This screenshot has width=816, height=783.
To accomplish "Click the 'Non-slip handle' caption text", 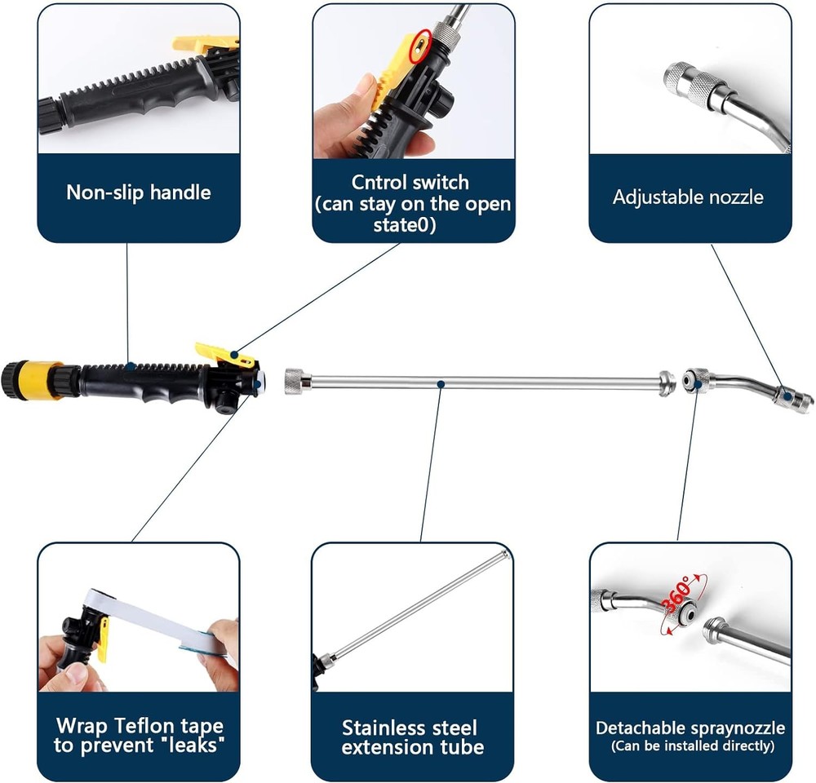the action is point(139,192).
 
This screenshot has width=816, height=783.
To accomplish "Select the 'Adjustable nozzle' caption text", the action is point(688,197).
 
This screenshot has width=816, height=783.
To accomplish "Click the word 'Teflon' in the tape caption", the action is point(144,725).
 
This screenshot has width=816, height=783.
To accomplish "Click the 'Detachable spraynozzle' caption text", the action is point(690,728).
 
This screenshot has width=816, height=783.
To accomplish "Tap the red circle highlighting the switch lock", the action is point(420,46).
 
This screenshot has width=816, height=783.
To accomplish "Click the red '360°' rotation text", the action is point(677,593).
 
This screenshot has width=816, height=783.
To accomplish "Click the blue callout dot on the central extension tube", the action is point(441,384).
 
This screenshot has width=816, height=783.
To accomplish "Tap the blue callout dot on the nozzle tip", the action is point(788,397).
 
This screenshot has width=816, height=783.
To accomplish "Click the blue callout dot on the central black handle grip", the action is point(131,366).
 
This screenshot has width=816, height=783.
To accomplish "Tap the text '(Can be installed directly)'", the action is point(693,746).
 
